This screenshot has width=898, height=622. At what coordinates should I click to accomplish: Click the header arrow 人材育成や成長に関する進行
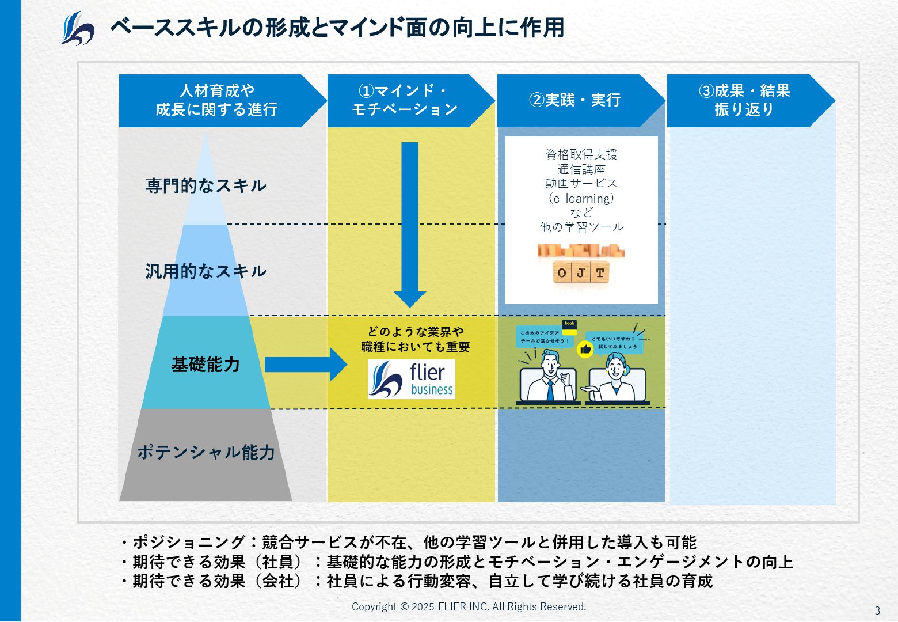[217, 100]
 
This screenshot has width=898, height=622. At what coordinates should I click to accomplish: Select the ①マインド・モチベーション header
[405, 100]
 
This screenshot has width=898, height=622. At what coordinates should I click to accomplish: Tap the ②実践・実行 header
[575, 100]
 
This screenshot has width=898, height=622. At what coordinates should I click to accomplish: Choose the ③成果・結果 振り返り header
[744, 100]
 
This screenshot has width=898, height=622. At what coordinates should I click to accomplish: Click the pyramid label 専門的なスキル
[206, 185]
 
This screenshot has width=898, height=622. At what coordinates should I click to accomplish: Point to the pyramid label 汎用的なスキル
[206, 271]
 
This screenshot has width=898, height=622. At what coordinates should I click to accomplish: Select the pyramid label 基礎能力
[206, 365]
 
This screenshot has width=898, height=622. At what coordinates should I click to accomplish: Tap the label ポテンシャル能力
[206, 453]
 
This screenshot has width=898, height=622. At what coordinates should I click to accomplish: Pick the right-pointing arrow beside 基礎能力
[305, 365]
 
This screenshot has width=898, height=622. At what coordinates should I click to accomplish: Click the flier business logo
[412, 380]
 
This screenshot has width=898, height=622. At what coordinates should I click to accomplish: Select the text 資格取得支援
[581, 154]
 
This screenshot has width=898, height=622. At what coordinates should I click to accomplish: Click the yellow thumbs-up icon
[585, 349]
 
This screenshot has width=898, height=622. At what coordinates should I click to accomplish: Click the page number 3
[877, 610]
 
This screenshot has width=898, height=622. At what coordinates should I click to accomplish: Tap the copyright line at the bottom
[469, 606]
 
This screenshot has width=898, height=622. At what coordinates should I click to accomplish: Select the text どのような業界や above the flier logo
[416, 332]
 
